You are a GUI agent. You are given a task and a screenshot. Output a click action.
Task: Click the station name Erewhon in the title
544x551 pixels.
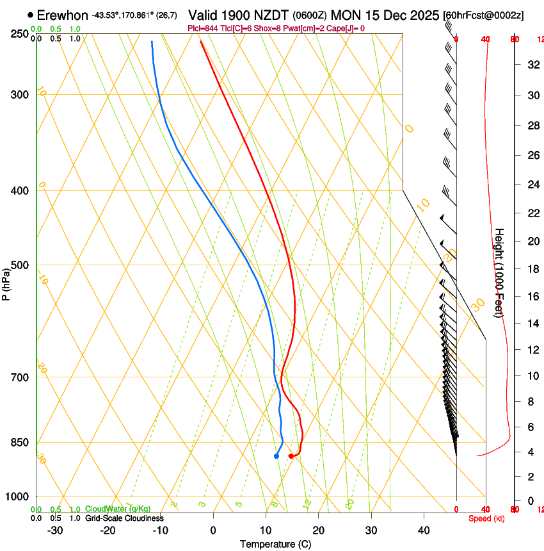tap(62, 15)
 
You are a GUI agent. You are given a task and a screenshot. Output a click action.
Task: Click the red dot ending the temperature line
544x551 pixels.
tap(291, 456)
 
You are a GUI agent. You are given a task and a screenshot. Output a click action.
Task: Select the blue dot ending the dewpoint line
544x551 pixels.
tap(276, 456)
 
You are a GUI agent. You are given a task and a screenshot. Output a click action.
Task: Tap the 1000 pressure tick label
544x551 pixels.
tap(18, 497)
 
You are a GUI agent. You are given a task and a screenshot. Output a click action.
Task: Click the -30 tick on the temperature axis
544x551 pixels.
tap(55, 530)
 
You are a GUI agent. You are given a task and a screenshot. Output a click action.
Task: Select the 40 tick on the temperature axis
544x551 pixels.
tap(424, 530)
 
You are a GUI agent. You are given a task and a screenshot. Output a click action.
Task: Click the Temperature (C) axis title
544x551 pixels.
tap(275, 544)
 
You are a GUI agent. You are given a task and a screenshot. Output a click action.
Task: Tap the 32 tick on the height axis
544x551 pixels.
tap(532, 65)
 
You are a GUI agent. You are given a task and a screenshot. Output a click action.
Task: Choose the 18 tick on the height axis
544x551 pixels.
tap(532, 269)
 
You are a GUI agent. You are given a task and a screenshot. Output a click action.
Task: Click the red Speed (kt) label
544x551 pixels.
tap(486, 518)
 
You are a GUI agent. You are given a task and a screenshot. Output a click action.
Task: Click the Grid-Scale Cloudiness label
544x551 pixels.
tap(124, 518)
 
